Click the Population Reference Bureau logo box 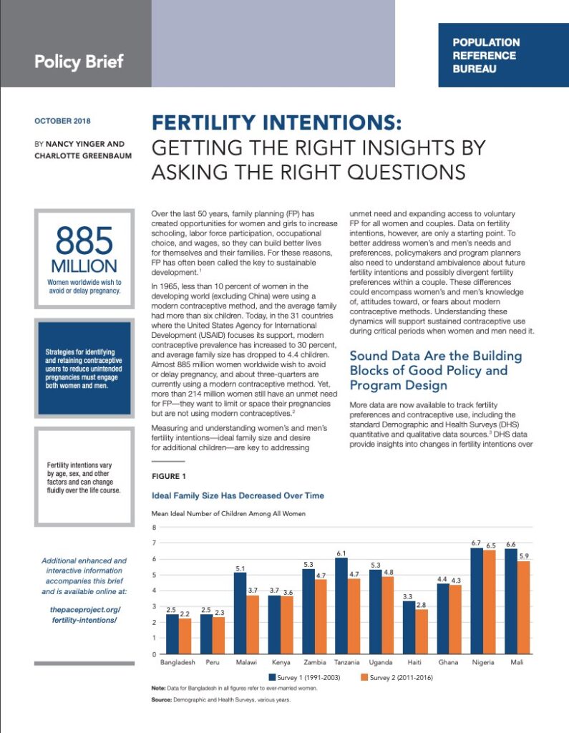503,55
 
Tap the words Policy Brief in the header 79,61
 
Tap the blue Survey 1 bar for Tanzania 341,606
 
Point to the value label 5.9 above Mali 524,555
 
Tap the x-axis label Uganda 381,662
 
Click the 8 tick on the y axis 154,527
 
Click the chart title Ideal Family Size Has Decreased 238,495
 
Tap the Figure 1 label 169,476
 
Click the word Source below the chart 162,699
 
